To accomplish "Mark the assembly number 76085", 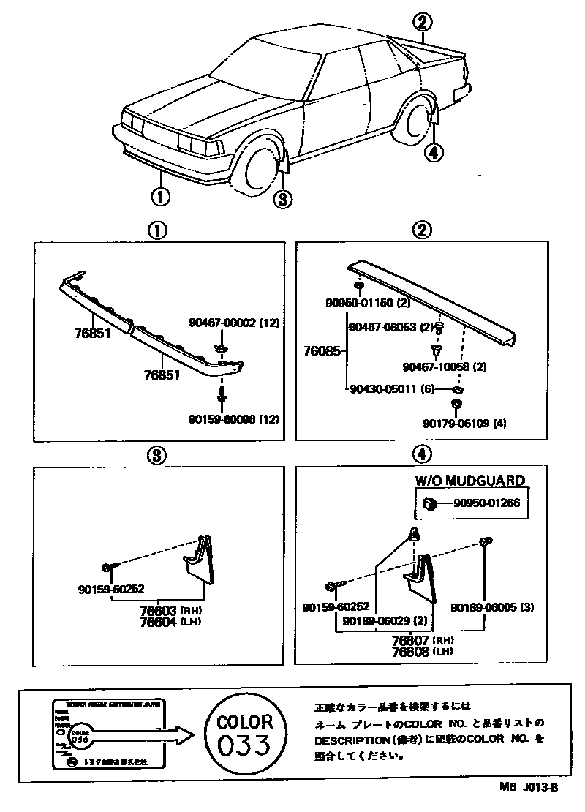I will click(x=321, y=351).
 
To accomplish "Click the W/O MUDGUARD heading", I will click(x=470, y=481).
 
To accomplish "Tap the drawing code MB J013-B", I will click(x=529, y=787).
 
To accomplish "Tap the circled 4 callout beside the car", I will click(x=433, y=152).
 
